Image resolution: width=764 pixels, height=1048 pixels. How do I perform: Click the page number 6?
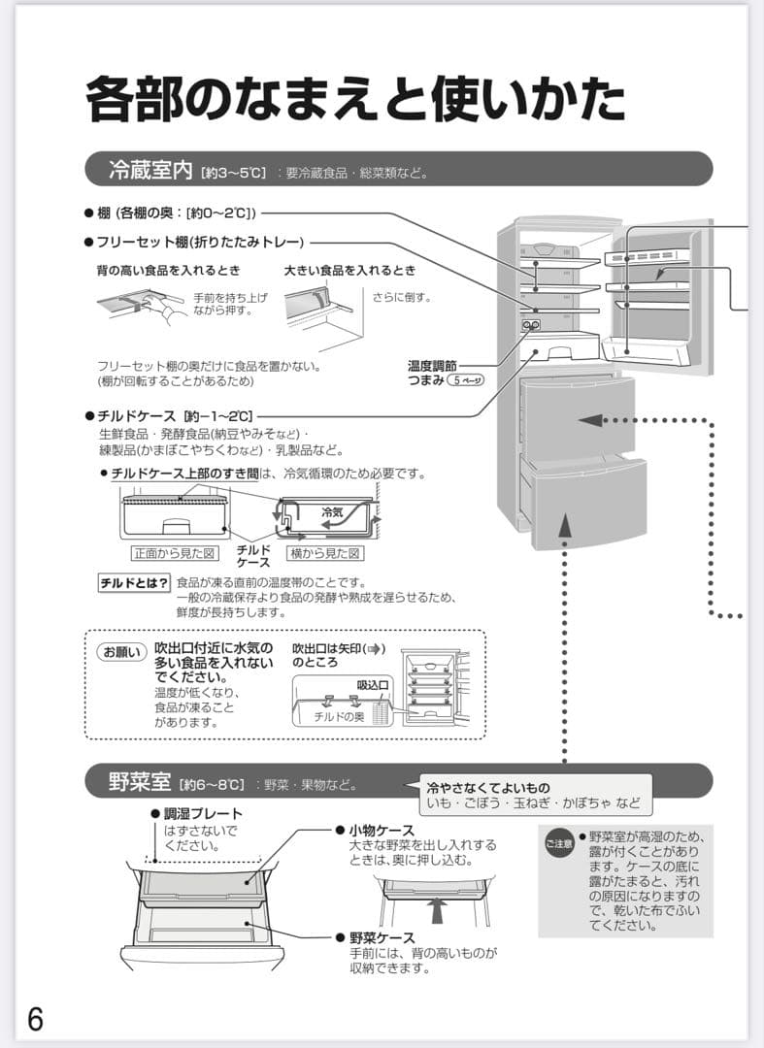click(35, 1019)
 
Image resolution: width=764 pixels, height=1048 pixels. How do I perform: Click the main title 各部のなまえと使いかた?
click(355, 99)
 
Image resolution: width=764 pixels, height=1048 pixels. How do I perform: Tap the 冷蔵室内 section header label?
click(150, 172)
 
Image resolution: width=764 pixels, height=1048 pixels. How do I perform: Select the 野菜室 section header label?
click(140, 781)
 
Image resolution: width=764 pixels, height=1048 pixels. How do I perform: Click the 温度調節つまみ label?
click(432, 374)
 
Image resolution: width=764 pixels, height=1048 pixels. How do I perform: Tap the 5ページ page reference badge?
click(465, 381)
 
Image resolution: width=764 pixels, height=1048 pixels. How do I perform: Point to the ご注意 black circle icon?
click(558, 844)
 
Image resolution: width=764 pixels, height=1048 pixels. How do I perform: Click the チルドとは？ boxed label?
click(134, 583)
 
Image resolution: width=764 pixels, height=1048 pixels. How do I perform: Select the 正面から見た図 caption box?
click(171, 553)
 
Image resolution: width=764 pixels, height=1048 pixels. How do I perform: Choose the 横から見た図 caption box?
click(325, 553)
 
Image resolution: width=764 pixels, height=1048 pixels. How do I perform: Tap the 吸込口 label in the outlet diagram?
click(373, 685)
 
